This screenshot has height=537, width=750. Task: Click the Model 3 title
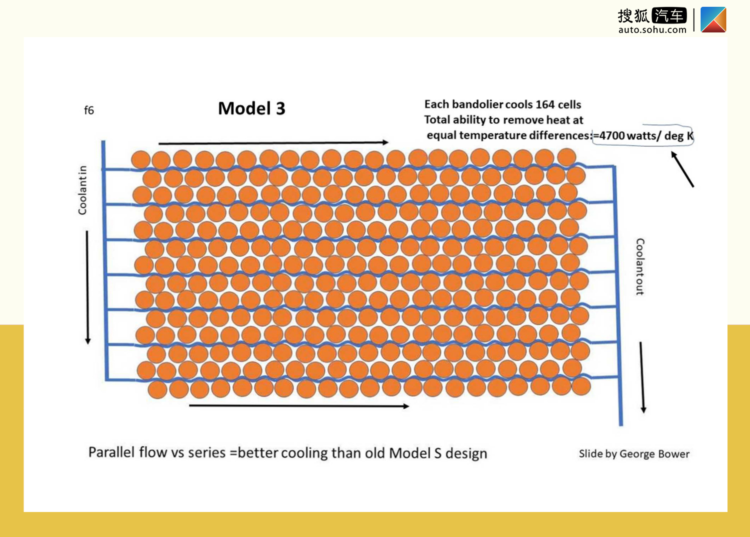point(251,108)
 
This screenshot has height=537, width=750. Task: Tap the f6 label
point(88,110)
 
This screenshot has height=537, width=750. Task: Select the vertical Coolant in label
point(82,190)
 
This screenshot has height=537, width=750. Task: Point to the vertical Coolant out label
point(640,267)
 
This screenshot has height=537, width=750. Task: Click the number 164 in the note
point(544,104)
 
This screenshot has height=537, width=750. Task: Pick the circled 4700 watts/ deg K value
point(643,135)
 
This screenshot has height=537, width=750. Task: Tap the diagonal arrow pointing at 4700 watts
point(682,169)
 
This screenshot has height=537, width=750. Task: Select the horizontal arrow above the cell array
point(273,143)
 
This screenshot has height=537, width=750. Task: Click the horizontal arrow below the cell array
point(299,406)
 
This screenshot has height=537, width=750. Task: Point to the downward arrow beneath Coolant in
point(87,287)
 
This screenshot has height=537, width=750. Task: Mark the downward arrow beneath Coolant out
point(642,377)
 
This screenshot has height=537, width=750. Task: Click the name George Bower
point(654,454)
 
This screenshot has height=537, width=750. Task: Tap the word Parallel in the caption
point(111,452)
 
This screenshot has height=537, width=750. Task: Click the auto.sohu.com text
point(652,30)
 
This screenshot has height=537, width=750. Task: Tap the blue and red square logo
point(713,19)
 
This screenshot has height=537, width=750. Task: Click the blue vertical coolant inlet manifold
point(105,260)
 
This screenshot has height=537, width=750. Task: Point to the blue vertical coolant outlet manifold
point(617,295)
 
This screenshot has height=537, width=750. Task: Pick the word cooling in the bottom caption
point(304,453)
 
